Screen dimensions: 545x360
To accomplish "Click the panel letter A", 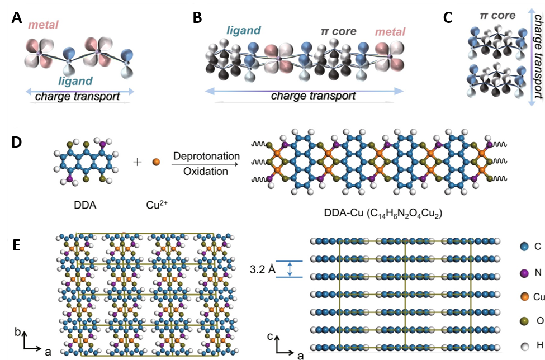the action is click(17, 17).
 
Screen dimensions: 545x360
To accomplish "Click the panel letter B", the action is click(197, 17).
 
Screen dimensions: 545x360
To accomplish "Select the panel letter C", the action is click(448, 17).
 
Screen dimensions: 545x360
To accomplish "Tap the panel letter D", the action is click(17, 143).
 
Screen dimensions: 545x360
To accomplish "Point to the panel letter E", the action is click(17, 245).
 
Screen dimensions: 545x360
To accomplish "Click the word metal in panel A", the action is click(43, 25).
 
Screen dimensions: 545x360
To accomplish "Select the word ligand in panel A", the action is click(75, 81).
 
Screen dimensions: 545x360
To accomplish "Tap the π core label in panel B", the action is click(339, 31).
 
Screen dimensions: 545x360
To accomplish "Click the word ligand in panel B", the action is click(244, 31).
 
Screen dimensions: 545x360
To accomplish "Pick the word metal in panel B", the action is click(390, 32).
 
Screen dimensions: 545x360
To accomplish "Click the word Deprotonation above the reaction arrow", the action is click(206, 156).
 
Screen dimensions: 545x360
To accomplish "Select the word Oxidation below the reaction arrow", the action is click(206, 171).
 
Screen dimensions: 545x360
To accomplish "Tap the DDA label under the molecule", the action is click(85, 205).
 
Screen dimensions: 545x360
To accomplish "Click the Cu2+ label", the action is click(157, 205).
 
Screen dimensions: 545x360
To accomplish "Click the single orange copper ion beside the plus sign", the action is click(156, 162).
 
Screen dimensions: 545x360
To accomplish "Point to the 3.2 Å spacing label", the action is click(262, 269).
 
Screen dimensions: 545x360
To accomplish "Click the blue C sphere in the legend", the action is click(524, 247).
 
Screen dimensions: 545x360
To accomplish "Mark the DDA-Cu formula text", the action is click(383, 213).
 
